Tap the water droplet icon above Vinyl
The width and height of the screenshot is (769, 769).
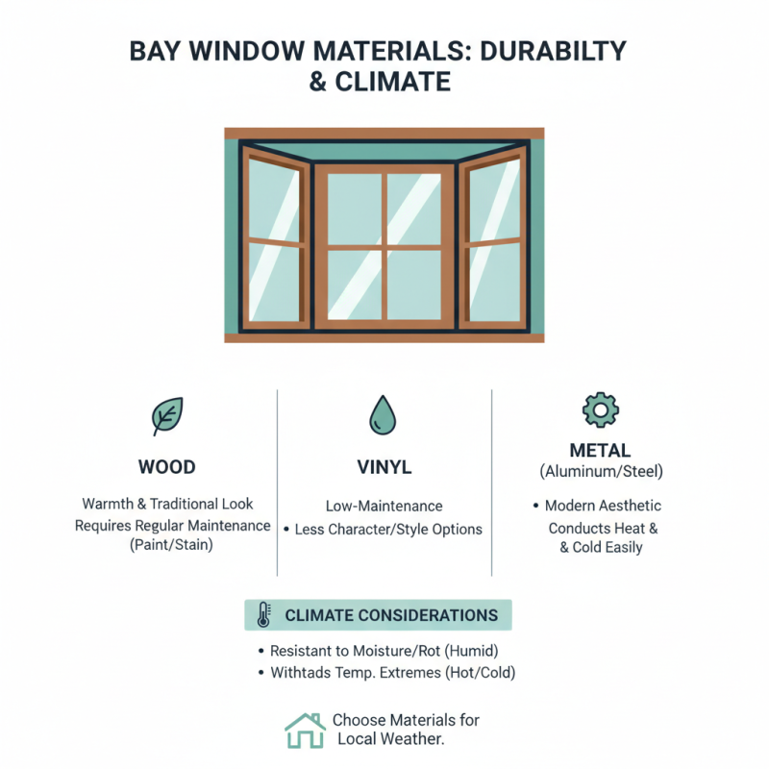point(384,414)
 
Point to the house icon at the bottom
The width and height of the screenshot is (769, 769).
point(305,731)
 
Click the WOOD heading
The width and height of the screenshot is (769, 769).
point(166,468)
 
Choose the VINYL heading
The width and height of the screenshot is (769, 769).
point(384,468)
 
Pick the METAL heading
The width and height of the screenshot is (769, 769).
point(600,450)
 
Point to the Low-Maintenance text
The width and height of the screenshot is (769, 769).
point(384,506)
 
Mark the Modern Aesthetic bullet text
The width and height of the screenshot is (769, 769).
point(603,506)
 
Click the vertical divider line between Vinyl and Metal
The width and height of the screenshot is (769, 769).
point(491,481)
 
